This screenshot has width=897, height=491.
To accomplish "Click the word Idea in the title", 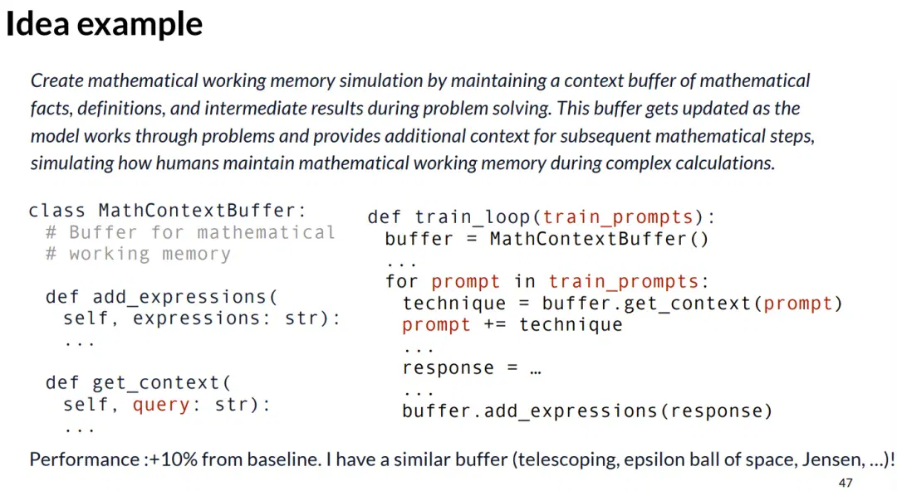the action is pyautogui.click(x=37, y=24).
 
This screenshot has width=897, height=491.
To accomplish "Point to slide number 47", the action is pyautogui.click(x=846, y=483).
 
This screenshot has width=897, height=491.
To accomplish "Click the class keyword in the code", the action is pyautogui.click(x=56, y=211).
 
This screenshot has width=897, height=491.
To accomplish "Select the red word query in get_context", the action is pyautogui.click(x=161, y=405).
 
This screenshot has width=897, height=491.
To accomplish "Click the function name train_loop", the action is pyautogui.click(x=472, y=217).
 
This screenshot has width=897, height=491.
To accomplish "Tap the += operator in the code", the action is pyautogui.click(x=495, y=324).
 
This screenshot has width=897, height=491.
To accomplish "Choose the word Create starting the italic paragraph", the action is pyautogui.click(x=56, y=80).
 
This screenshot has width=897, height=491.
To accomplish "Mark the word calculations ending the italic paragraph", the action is pyautogui.click(x=725, y=163).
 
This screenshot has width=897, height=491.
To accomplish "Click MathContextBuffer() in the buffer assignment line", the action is pyautogui.click(x=599, y=239).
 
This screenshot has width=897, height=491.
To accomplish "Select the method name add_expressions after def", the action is pyautogui.click(x=180, y=297).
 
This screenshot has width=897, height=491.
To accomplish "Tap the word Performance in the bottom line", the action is pyautogui.click(x=84, y=459).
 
